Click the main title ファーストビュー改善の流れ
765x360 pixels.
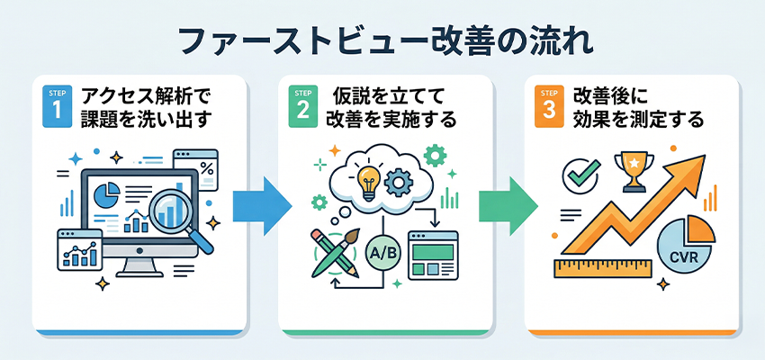coord(382,42)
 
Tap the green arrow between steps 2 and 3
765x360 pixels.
coord(507,206)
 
